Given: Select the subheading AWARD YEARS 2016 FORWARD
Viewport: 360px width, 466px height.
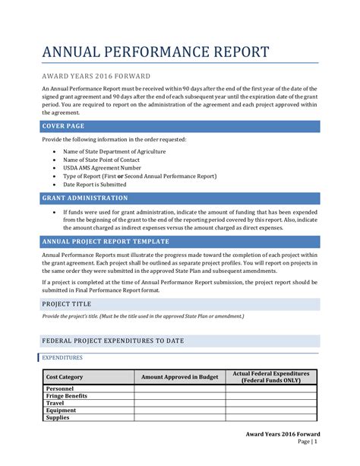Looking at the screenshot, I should click(96, 76).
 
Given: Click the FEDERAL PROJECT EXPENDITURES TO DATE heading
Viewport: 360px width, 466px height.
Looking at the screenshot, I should click(115, 341).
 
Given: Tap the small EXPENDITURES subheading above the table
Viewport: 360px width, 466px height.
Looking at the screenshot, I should click(62, 357).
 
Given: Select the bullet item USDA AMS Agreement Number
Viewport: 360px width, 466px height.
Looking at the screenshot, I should click(103, 168).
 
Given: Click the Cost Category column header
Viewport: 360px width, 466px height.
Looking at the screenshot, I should click(65, 377).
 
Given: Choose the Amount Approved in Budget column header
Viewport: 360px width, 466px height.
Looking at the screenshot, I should click(179, 377).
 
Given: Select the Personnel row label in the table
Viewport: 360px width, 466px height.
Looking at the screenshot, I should click(60, 388).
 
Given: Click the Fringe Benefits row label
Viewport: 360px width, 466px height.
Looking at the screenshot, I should click(67, 396).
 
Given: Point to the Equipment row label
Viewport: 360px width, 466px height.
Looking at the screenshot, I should click(62, 411).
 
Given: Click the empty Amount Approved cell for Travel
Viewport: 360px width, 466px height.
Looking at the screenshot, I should click(179, 404).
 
